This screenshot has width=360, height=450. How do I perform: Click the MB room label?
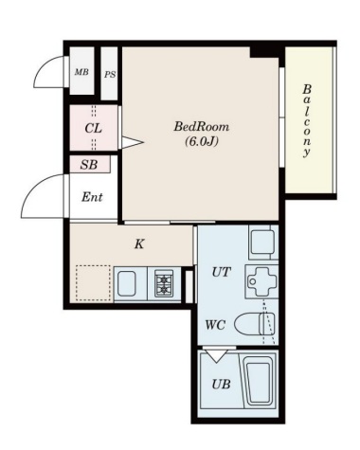(81, 72)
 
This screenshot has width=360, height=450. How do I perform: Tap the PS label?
(110, 75)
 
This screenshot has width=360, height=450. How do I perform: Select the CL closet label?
(94, 128)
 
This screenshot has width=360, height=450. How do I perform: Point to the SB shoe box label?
(89, 165)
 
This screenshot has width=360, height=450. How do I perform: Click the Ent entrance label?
(92, 197)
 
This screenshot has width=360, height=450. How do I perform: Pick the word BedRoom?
(202, 127)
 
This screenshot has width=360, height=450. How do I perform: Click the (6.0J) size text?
(202, 141)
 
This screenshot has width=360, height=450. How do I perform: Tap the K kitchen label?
(139, 243)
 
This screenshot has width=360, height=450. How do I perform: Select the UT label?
(221, 272)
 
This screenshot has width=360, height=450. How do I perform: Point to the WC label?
(215, 325)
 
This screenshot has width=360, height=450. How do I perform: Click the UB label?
(221, 385)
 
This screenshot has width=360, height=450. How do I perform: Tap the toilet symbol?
(255, 324)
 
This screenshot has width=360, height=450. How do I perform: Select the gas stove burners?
(164, 284)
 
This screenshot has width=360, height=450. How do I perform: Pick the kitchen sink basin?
(127, 284)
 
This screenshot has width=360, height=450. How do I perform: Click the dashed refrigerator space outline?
(93, 282)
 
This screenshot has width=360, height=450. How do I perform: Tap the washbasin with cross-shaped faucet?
(261, 281)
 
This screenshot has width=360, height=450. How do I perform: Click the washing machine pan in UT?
(263, 243)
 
